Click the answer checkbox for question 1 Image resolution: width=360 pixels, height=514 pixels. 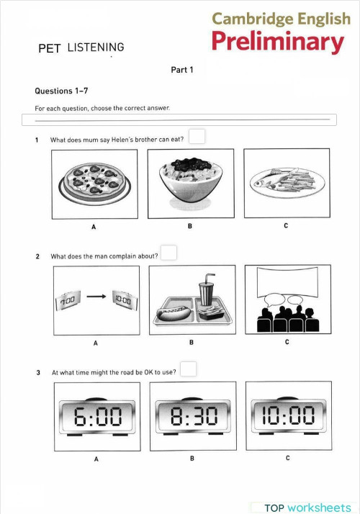(196, 137)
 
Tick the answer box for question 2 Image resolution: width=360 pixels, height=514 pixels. (168, 253)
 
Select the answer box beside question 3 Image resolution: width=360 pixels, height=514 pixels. (188, 369)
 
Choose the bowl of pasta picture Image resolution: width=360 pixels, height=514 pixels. (191, 183)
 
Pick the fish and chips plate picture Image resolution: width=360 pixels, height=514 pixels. (286, 183)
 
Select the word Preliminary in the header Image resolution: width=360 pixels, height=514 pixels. (277, 42)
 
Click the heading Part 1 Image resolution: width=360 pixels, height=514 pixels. (182, 70)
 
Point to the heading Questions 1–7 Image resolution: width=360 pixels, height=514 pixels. (64, 91)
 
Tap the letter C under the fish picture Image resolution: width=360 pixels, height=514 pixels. (286, 226)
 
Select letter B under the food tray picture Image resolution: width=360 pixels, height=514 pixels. (191, 342)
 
